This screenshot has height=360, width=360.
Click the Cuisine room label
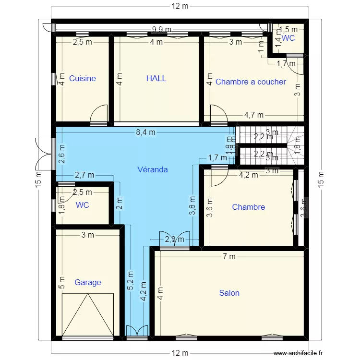tap(82, 78)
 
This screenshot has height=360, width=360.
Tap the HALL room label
tap(156, 78)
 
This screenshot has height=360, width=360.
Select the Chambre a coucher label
tap(251, 82)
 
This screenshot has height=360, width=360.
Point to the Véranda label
tap(152, 169)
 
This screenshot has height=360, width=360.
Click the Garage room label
tap(87, 282)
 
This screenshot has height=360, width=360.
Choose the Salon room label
tap(229, 293)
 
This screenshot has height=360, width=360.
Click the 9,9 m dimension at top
tap(161, 29)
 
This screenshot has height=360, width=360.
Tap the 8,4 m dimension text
tap(145, 133)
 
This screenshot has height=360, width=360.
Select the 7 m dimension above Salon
tap(229, 256)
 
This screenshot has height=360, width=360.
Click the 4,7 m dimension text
tap(253, 115)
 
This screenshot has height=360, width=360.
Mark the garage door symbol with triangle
tap(88, 314)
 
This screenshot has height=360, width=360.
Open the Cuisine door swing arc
tap(99, 114)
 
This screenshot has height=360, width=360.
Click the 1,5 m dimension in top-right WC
tap(288, 29)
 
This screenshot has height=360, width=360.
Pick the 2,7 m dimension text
tap(84, 175)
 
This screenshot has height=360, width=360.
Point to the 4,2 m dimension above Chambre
tap(249, 175)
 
